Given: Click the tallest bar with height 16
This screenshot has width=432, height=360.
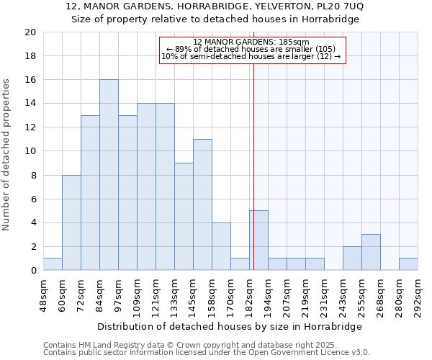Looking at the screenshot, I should pyautogui.click(x=109, y=175).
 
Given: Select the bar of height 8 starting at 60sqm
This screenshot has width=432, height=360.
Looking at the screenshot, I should pyautogui.click(x=71, y=222).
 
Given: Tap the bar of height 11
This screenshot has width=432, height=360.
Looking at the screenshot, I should pyautogui.click(x=202, y=204).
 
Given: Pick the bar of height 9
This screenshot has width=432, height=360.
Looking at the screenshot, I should pyautogui.click(x=184, y=217).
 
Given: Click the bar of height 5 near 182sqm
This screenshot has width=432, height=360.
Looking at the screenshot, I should pyautogui.click(x=258, y=240).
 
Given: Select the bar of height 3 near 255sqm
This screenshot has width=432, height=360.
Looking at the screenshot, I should pyautogui.click(x=371, y=252).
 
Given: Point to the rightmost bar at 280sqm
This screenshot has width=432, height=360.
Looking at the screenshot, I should pyautogui.click(x=408, y=264).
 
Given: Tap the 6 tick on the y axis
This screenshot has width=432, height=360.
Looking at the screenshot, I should pyautogui.click(x=32, y=199).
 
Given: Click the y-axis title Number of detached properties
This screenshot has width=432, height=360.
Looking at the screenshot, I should pyautogui.click(x=7, y=155).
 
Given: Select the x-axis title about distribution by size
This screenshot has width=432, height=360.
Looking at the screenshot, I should pyautogui.click(x=230, y=326).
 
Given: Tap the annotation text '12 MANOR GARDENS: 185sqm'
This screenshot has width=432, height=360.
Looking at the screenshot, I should pyautogui.click(x=251, y=42).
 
